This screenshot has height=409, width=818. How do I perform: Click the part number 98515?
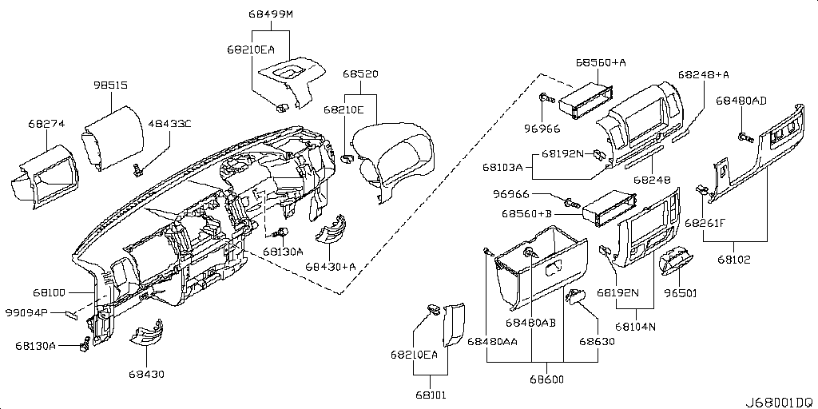(110, 85)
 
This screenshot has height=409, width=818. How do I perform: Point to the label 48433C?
(170, 124)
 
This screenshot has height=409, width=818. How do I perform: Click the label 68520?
(360, 74)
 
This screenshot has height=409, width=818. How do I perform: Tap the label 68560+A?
(600, 62)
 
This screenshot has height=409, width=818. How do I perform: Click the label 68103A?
(502, 168)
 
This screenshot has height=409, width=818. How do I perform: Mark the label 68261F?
(704, 223)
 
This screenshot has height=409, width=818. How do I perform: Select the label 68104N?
(635, 326)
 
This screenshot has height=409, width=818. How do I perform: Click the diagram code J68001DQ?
(780, 401)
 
